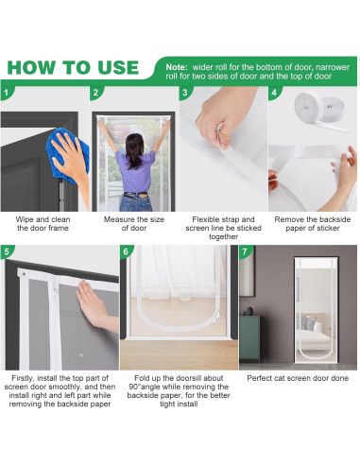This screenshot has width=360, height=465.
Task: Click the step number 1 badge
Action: (7, 93)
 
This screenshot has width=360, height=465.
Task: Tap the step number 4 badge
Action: (274, 93)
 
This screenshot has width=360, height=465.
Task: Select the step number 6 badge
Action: (126, 251)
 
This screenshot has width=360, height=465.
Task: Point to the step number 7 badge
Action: (245, 251)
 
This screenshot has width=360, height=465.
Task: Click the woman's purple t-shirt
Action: (136, 172)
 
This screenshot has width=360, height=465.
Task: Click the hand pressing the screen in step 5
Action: (94, 305)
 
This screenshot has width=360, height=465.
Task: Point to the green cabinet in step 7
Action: (249, 338)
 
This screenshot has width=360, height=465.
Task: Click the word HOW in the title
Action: (30, 67)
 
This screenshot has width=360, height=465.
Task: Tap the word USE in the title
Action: (118, 67)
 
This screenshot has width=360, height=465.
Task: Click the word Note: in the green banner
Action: (177, 67)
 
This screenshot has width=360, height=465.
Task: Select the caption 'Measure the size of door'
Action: (134, 224)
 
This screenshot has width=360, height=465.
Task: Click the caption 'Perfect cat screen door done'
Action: (298, 378)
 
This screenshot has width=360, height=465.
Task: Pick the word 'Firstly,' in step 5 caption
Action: (23, 378)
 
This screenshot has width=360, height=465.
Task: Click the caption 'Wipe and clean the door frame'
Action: (43, 224)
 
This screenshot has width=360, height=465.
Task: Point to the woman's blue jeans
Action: (136, 202)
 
